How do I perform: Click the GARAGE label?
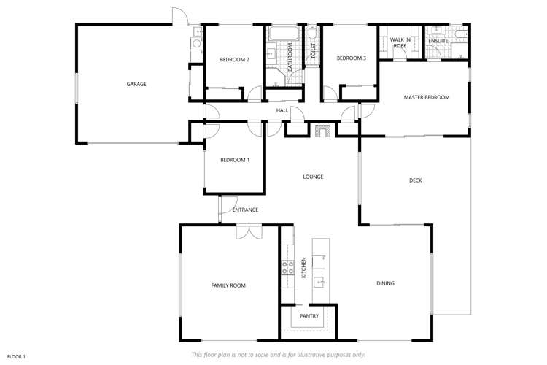click(136, 84)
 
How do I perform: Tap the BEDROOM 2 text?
click(235, 60)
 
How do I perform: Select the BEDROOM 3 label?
click(351, 58)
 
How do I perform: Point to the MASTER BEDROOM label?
click(427, 97)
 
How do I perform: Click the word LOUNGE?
click(313, 177)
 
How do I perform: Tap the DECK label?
click(415, 180)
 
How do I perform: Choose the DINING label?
click(385, 283)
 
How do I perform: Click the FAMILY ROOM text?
click(228, 285)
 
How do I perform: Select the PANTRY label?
click(309, 316)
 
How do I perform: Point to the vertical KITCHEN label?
click(303, 268)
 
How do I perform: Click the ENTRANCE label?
click(245, 210)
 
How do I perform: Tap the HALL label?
click(282, 110)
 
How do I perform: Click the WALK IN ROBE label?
click(399, 42)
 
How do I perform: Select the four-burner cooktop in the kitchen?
click(287, 267)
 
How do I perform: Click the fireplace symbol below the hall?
click(322, 131)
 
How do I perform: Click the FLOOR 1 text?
click(16, 356)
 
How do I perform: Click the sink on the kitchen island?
click(319, 280)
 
